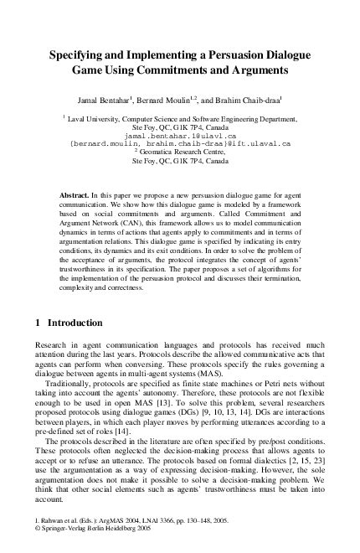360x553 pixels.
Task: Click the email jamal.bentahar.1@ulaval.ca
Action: [179, 135]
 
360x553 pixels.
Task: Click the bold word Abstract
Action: [75, 194]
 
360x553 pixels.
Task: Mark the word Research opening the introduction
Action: [53, 342]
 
